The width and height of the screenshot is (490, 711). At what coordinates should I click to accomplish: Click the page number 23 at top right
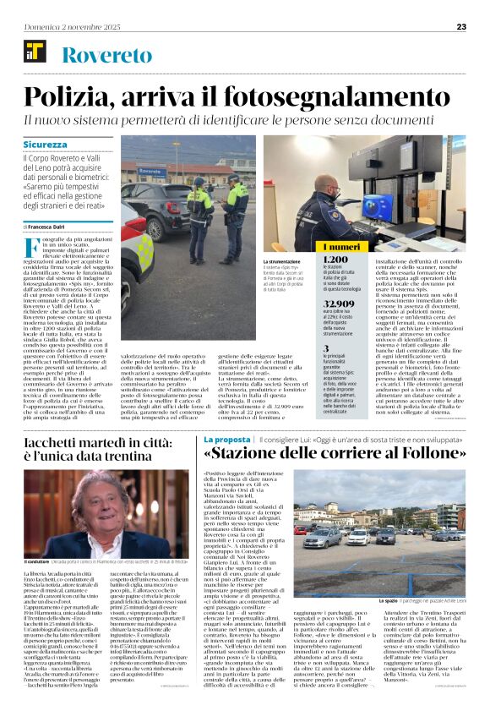point(461,26)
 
